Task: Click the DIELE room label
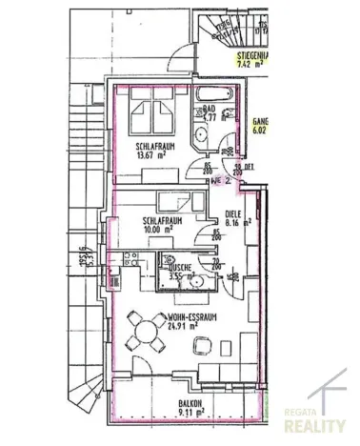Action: click(x=233, y=216)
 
